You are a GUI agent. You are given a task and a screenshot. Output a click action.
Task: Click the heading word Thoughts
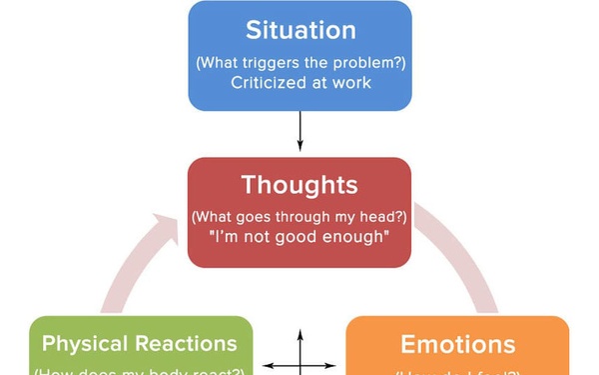(x=299, y=186)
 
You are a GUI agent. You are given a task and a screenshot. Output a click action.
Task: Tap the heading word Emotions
(x=457, y=345)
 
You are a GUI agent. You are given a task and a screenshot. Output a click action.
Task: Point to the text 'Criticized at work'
(x=299, y=82)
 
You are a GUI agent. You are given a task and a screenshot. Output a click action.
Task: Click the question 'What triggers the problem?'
(x=299, y=62)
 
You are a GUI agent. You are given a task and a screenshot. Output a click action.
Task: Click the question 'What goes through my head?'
(x=299, y=216)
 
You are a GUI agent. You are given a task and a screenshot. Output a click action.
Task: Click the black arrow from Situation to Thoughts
(x=299, y=130)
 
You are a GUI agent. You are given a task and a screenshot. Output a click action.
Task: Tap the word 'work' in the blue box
(x=350, y=82)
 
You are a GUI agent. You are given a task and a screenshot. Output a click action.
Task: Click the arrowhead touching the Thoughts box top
(x=299, y=151)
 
